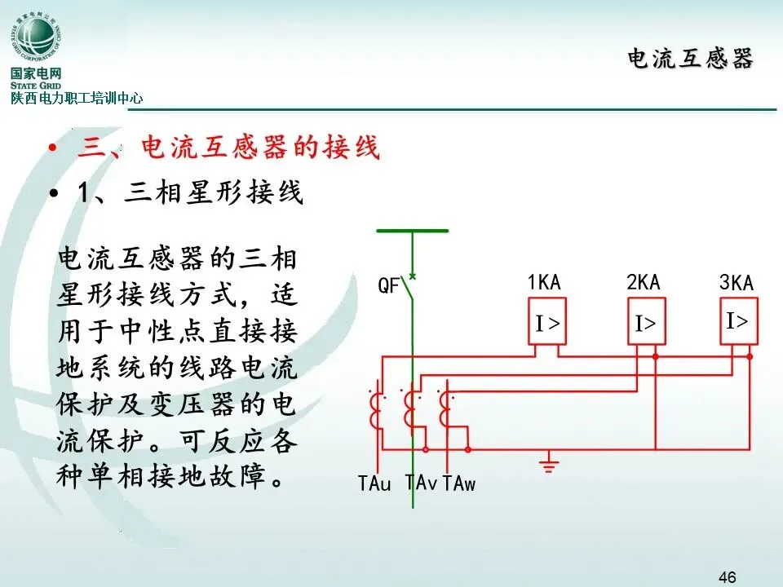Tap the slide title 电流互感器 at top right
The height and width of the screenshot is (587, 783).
pyautogui.click(x=690, y=59)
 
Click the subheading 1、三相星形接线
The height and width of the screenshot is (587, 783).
pyautogui.click(x=190, y=193)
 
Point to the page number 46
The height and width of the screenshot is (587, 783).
pyautogui.click(x=727, y=577)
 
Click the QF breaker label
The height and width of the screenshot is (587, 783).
pyautogui.click(x=388, y=285)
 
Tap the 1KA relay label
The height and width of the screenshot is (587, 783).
pyautogui.click(x=544, y=283)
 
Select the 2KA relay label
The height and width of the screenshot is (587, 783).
pyautogui.click(x=644, y=282)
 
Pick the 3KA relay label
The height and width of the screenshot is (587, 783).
pyautogui.click(x=737, y=283)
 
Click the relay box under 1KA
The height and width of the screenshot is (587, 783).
pyautogui.click(x=547, y=324)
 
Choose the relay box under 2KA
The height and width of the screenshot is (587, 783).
pyautogui.click(x=645, y=324)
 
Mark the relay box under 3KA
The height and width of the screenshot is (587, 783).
pyautogui.click(x=737, y=321)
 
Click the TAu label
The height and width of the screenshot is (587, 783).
pyautogui.click(x=374, y=483)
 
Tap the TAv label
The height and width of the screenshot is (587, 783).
pyautogui.click(x=421, y=483)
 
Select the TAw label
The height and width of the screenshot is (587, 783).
pyautogui.click(x=458, y=483)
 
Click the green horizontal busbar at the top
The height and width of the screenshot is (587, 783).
pyautogui.click(x=412, y=231)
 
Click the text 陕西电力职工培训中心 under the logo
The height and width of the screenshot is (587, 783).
pyautogui.click(x=77, y=98)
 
